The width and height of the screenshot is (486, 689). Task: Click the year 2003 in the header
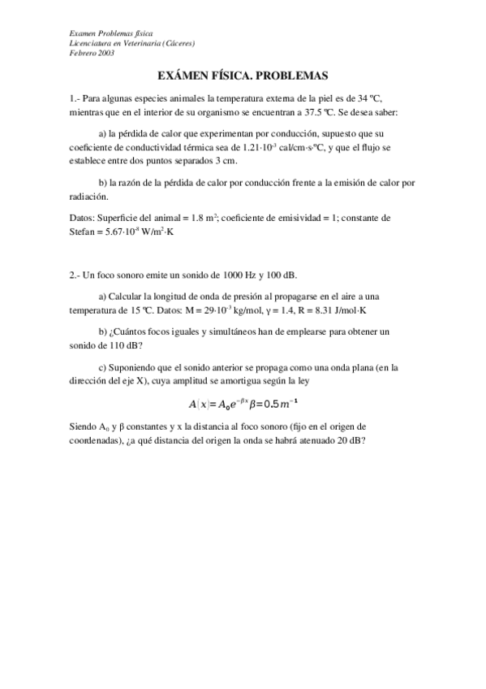pos(105,53)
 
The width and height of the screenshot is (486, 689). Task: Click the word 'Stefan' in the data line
pos(84,231)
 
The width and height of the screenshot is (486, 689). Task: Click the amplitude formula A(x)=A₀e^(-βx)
pos(222,404)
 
